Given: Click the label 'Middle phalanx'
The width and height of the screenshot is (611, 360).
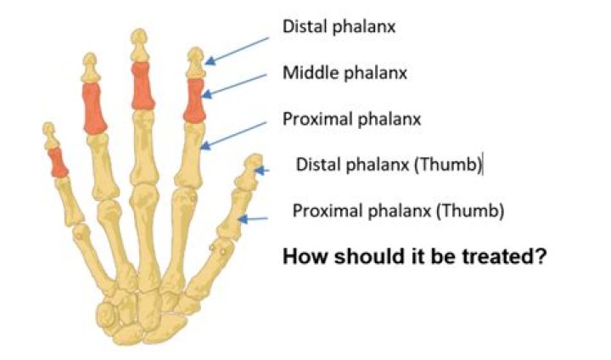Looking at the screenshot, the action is click(x=345, y=72).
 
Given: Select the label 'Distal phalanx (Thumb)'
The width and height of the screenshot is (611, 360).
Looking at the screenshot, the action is click(x=389, y=164).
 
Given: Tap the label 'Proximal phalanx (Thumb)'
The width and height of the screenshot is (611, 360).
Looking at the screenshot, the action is click(x=398, y=211).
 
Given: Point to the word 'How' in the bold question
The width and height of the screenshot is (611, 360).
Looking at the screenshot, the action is click(x=305, y=256).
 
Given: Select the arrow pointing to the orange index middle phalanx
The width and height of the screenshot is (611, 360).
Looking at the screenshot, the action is click(x=234, y=86).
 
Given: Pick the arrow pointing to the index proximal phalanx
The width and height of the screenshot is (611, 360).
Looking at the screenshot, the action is click(x=233, y=136).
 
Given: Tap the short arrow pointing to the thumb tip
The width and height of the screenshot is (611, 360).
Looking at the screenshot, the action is click(x=262, y=171).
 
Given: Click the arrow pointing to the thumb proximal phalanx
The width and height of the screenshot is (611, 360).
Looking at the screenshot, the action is click(x=253, y=219).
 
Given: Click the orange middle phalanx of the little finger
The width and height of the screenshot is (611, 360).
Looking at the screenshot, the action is click(x=58, y=163).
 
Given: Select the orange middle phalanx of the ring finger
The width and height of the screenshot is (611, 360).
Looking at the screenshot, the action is click(x=95, y=108).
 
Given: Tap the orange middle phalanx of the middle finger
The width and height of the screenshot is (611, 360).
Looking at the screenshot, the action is click(x=143, y=86).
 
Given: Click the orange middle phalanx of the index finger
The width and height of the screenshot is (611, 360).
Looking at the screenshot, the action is click(x=194, y=100).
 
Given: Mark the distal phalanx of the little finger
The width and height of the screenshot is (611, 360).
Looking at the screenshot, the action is click(x=50, y=136).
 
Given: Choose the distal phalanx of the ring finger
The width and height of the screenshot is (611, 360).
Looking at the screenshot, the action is click(x=91, y=67).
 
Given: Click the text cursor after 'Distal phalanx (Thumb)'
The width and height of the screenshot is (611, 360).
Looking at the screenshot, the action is click(x=483, y=164).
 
